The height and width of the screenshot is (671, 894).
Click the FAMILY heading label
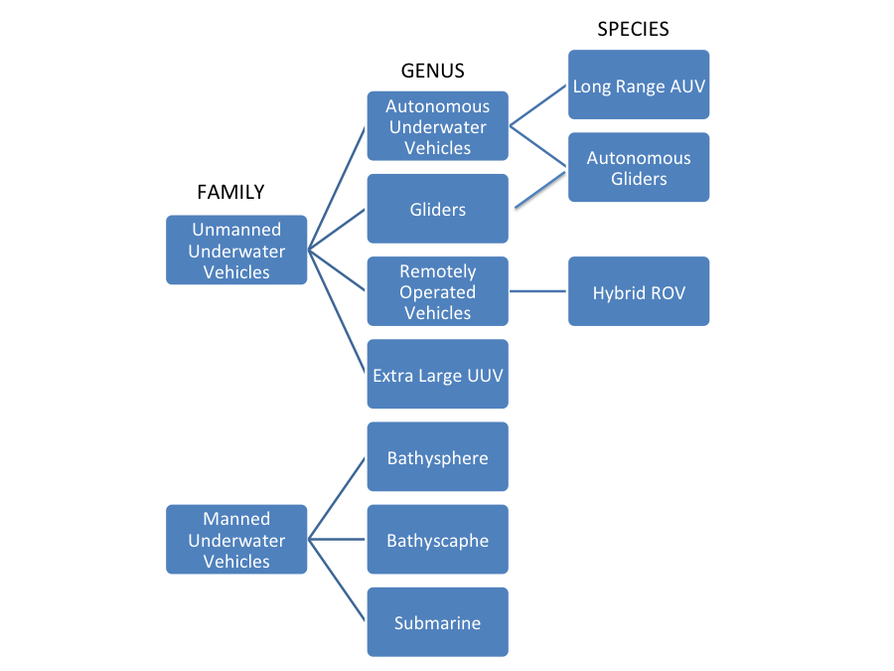pos(230,192)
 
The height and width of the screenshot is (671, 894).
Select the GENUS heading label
pos(432,71)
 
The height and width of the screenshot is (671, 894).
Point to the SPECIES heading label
pos(633,29)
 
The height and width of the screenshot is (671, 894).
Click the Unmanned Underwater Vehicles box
pos(236,251)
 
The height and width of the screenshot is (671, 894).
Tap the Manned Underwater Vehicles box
pos(236,540)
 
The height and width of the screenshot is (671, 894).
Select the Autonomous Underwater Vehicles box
pos(437,126)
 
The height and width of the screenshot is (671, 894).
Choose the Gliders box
pos(437,209)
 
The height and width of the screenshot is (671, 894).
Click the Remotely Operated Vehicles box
pos(437,291)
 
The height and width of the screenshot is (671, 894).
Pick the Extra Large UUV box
pos(437,375)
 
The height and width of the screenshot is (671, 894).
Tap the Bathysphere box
pos(437,457)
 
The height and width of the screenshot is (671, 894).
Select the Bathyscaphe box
pos(437,540)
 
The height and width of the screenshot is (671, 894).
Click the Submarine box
pos(437,622)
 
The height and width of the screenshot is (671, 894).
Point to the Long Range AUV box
pos(639,84)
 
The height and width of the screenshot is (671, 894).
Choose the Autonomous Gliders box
pos(639,167)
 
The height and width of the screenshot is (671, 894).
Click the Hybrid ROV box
pos(639,292)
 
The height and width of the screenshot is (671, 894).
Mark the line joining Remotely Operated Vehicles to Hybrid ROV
pos(538,292)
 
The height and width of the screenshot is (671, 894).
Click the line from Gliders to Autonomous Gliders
pos(541,188)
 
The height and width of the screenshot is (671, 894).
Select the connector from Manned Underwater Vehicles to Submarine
pos(338,582)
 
